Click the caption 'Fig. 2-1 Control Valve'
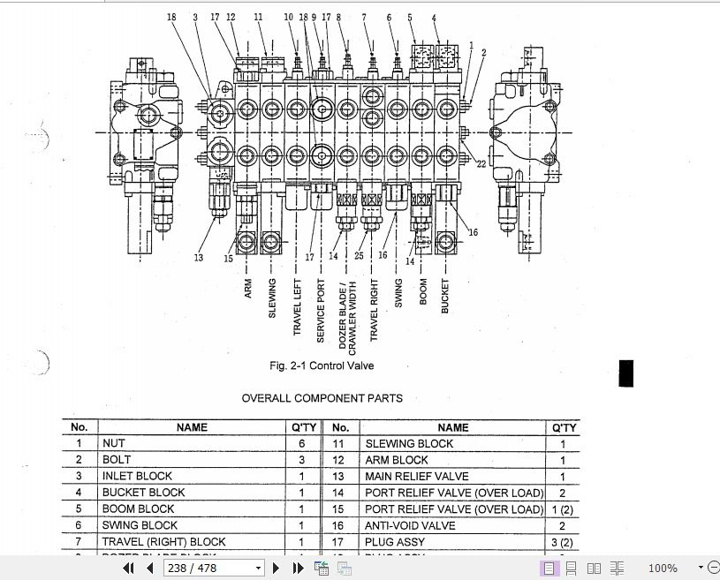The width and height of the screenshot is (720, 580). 327,365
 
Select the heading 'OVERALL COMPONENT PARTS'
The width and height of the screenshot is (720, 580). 322,398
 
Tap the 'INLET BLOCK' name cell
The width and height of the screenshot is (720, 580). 137,476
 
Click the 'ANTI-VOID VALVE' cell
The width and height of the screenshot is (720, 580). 410,525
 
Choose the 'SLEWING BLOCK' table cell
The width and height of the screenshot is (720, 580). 409,444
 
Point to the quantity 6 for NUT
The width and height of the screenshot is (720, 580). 301,444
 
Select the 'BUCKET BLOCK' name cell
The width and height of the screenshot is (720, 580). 143,493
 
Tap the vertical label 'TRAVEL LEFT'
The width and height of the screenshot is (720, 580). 298,308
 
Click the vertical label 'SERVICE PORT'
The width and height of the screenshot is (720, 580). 321,310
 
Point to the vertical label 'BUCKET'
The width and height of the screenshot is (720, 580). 445,296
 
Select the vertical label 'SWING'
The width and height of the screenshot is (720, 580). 398,293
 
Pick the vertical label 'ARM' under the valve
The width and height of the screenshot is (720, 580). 248,289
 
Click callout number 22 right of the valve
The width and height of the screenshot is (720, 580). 481,163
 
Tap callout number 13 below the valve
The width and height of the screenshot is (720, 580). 199,258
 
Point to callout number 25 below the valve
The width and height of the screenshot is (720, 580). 359,256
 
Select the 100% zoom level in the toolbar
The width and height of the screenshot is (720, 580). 663,569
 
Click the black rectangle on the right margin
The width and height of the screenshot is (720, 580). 626,373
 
